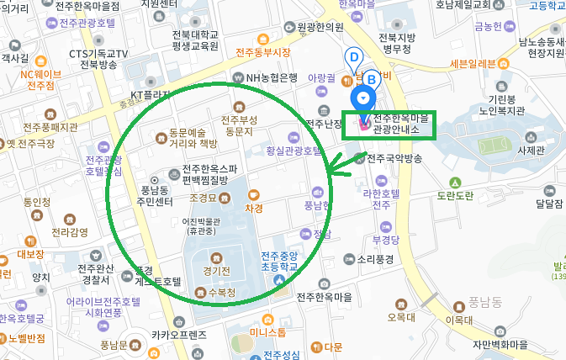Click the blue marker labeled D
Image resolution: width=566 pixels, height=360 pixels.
tap(354, 57)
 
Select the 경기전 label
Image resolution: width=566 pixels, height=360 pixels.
tap(215, 271)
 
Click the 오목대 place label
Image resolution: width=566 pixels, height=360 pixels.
tap(401, 317)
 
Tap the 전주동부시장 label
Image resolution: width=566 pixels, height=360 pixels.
tap(262, 52)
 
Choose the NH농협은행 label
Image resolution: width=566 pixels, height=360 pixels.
tap(272, 78)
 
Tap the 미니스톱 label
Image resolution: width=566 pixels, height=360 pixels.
tap(267, 332)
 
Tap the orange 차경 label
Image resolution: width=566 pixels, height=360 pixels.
tap(254, 207)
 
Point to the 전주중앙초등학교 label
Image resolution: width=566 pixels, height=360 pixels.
tap(279, 262)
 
